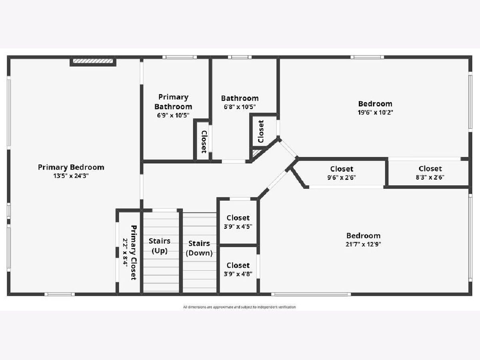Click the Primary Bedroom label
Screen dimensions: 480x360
coord(71,168)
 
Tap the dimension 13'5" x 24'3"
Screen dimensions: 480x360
coord(71,176)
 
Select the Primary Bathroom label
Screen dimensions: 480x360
coord(173,102)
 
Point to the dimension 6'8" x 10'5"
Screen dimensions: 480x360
coord(240,107)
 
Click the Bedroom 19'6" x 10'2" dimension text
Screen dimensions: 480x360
coord(375,112)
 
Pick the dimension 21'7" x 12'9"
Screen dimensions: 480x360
coord(363,244)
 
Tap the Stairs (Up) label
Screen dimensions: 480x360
coord(160,246)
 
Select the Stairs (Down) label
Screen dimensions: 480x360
coord(199,248)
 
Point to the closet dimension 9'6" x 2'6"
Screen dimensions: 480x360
coord(342,178)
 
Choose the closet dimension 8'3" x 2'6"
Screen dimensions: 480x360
coord(430,177)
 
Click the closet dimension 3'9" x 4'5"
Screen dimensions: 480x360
coord(238,226)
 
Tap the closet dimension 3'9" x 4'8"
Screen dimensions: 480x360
coord(238,274)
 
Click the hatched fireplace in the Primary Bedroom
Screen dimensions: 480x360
coord(93,61)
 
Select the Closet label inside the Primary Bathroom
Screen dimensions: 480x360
coord(204,142)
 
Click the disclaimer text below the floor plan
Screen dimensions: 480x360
coord(240,307)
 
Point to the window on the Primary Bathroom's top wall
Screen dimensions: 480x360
coord(180,57)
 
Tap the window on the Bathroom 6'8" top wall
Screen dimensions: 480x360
coord(240,57)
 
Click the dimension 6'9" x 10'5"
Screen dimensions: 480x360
coord(173,115)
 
